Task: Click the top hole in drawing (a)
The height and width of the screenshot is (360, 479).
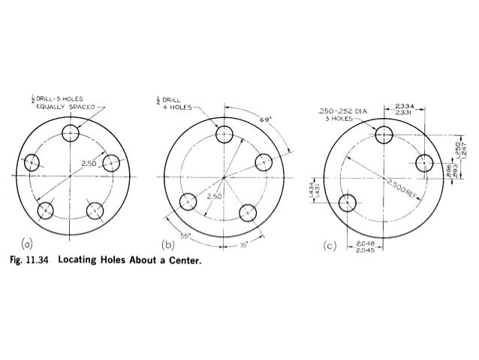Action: click(70, 134)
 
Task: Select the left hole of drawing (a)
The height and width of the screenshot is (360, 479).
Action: click(32, 162)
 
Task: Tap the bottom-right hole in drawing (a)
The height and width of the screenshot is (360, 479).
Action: click(95, 210)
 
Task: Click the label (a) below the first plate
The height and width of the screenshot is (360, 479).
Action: click(27, 243)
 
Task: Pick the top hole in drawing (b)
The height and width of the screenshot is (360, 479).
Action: click(224, 135)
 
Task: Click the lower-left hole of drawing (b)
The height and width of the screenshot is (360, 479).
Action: click(188, 201)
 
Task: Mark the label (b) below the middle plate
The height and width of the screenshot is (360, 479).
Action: click(168, 244)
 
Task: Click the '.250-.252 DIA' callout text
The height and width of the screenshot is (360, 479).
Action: click(343, 110)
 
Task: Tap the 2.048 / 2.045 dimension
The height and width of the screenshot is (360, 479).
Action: click(366, 247)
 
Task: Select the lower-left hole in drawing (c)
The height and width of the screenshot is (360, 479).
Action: click(348, 203)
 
